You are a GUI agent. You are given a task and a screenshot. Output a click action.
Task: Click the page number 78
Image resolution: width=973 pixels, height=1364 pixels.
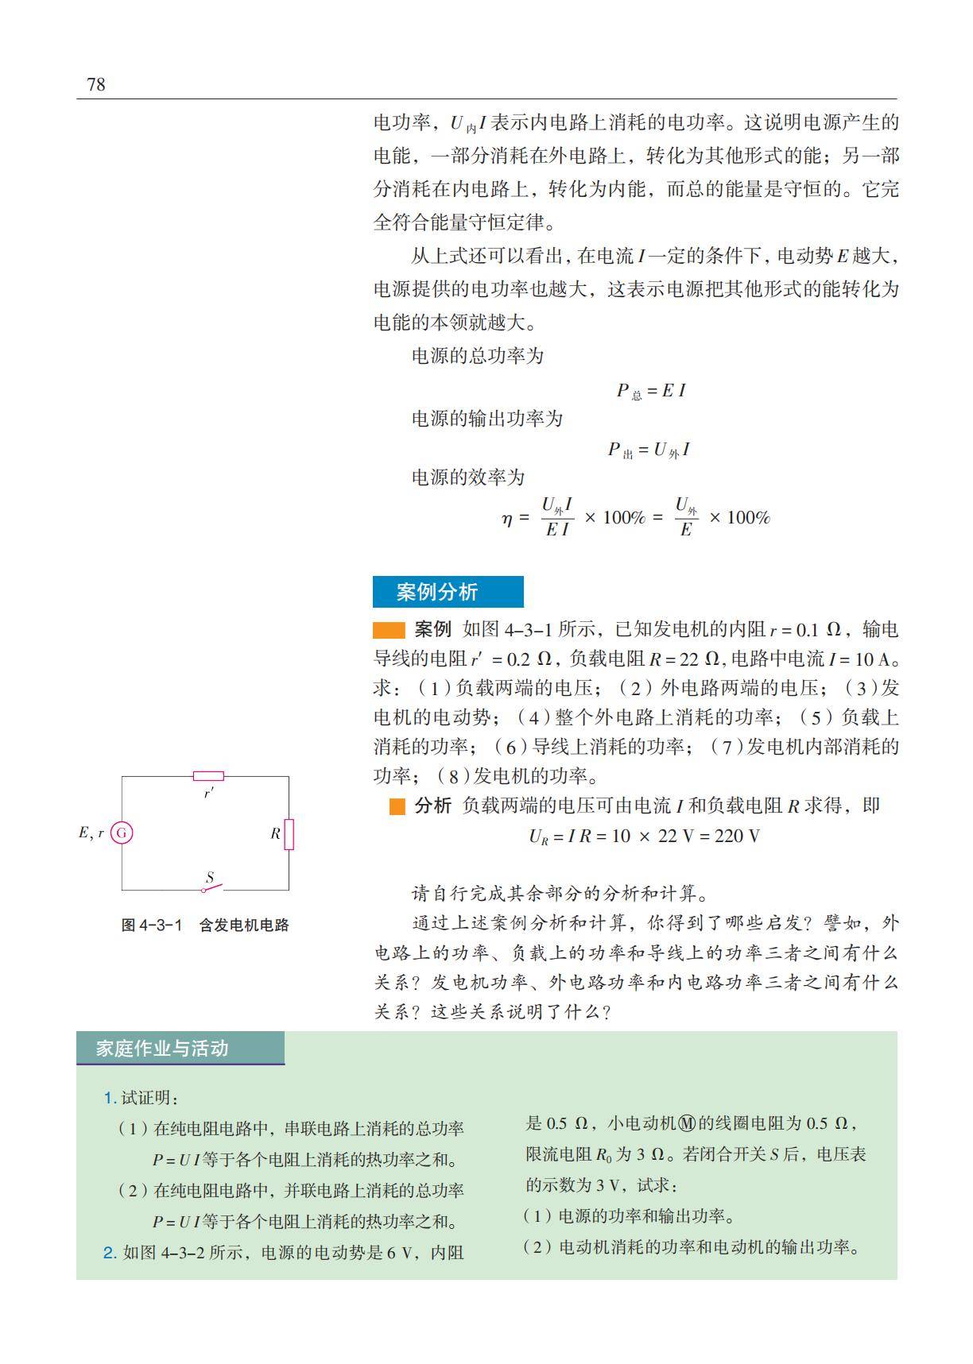tap(95, 85)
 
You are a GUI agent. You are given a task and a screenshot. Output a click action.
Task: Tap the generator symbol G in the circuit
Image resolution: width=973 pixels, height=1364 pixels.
tap(122, 833)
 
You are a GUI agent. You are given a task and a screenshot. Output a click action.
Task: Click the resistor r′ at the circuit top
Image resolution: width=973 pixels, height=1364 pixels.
tap(208, 776)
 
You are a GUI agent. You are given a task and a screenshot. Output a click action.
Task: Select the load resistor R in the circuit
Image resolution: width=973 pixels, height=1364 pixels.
tap(289, 834)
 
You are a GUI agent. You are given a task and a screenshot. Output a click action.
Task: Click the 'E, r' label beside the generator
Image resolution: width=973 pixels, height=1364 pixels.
tap(91, 833)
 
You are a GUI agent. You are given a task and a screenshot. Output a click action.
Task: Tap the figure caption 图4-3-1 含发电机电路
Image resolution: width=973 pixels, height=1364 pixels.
tap(205, 925)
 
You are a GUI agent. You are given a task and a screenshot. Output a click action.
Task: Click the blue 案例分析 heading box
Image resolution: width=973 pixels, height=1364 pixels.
tap(448, 592)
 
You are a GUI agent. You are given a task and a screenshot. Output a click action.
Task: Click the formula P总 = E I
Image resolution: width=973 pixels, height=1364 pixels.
tap(651, 391)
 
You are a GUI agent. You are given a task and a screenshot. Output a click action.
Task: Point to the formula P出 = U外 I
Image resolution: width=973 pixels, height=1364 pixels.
tap(649, 450)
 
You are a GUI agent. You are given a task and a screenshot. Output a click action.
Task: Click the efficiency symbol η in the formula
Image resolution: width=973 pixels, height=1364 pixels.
tap(507, 518)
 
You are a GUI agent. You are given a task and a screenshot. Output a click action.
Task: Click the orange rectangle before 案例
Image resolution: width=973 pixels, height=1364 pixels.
tap(390, 631)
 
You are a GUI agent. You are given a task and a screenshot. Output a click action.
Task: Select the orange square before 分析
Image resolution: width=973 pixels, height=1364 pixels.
tap(397, 806)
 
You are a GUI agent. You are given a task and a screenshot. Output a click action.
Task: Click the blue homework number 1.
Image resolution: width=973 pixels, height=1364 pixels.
tap(110, 1098)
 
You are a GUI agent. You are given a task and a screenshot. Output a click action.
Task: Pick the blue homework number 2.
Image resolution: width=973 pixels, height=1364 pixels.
tap(110, 1253)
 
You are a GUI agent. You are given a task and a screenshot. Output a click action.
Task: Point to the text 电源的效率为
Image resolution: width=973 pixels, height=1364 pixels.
tap(468, 477)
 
